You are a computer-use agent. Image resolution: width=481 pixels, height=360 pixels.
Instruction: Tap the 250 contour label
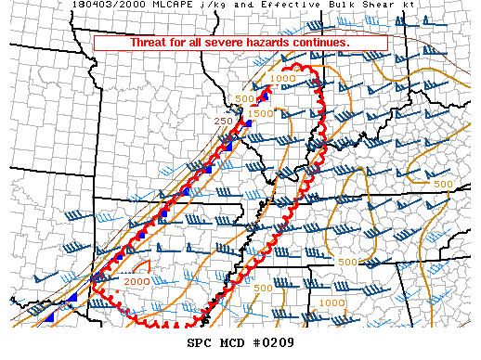pyautogui.click(x=223, y=121)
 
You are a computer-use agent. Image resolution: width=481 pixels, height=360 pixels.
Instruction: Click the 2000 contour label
pyautogui.click(x=136, y=281)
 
